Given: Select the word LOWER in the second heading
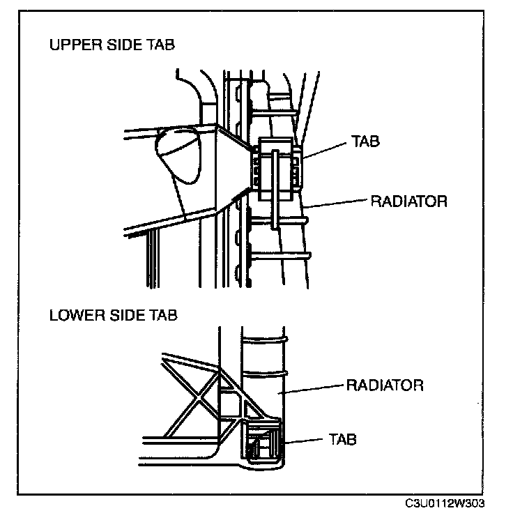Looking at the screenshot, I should coord(72,314).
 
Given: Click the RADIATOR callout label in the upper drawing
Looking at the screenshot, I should coord(407,202).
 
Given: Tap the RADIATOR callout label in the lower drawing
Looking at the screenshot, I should coord(385,385).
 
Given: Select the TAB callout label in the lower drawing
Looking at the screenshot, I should coord(342,440).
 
